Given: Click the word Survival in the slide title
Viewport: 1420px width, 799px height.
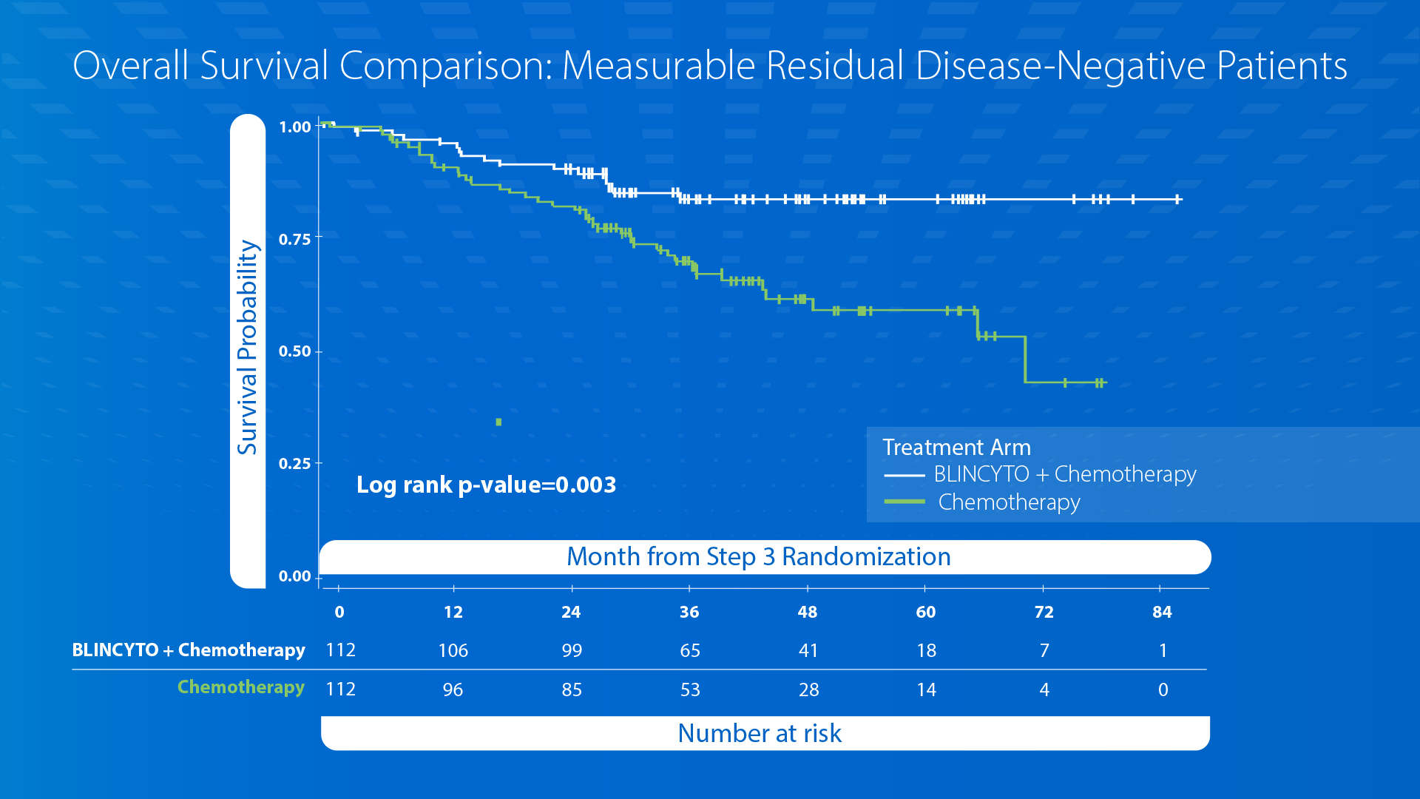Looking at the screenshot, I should point(263,66).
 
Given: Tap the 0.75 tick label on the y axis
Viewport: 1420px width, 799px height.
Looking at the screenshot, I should point(294,239).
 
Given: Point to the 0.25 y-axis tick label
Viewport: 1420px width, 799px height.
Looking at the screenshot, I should point(294,464).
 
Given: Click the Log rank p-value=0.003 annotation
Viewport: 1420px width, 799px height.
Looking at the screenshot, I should point(486,485).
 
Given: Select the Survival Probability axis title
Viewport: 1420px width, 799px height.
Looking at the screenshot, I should point(247,348).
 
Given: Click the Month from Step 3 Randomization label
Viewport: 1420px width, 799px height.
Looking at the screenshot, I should point(758,556).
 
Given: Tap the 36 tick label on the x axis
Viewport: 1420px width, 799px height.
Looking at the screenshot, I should point(689,612).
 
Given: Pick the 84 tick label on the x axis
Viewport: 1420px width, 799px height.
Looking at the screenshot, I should point(1162,612).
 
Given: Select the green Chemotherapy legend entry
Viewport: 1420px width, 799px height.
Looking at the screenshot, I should point(1009,502).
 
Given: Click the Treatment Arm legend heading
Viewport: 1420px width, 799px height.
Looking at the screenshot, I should point(956,448).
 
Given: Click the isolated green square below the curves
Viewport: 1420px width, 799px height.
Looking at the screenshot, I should point(498,422).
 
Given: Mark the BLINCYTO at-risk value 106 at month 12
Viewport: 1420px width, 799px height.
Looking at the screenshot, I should point(453,650).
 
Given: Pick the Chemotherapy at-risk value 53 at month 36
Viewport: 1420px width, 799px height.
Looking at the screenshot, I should point(689,690).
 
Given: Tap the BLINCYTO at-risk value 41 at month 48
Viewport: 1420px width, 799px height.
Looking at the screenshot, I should point(808,650).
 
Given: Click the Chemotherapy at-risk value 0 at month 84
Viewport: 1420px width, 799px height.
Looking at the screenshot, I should point(1163,690).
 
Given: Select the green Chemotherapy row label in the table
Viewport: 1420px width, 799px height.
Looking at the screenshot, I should point(240,687).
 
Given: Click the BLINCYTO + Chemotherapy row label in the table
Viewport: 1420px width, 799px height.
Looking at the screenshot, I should point(188,650).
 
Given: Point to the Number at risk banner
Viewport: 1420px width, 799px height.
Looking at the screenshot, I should point(760,733).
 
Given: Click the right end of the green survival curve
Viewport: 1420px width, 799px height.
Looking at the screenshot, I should point(1105,382).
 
